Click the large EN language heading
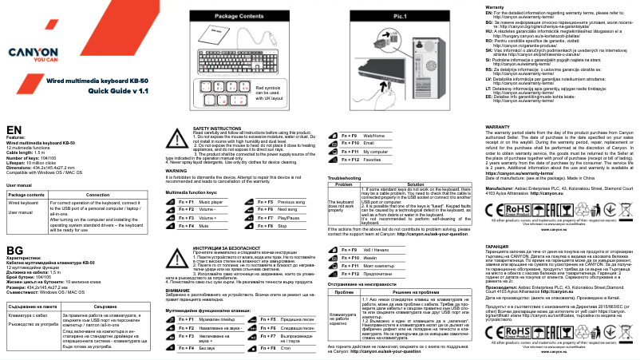pyautogui.click(x=14, y=129)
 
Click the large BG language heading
pyautogui.click(x=14, y=228)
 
